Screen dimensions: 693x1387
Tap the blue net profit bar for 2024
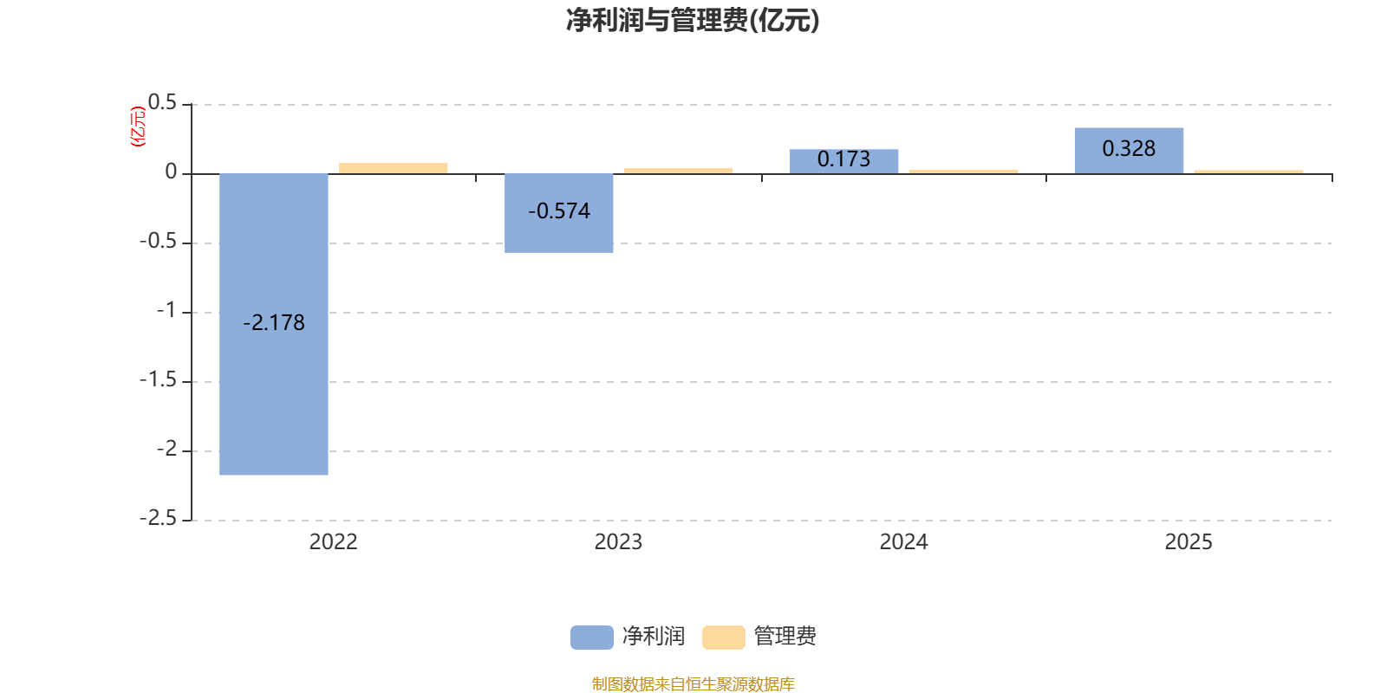tap(843, 161)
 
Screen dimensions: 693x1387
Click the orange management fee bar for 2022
tap(394, 168)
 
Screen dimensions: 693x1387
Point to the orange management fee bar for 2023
tap(678, 171)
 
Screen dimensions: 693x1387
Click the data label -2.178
tap(274, 323)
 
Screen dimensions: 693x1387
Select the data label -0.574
tap(559, 211)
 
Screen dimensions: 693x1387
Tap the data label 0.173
tap(843, 159)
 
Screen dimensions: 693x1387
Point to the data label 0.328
tap(1129, 149)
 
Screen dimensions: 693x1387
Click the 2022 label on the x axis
tap(333, 542)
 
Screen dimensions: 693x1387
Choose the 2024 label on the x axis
tap(903, 542)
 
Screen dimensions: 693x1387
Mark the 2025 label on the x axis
tap(1188, 542)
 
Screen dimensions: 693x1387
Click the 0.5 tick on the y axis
tap(162, 103)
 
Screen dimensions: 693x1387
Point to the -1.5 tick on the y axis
tap(158, 380)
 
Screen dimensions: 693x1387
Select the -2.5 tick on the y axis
tap(158, 519)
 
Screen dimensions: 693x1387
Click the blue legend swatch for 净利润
tap(591, 638)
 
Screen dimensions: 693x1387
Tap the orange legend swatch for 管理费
tap(723, 638)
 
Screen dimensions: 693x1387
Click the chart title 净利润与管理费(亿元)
tap(693, 20)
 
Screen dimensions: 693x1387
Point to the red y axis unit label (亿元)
tap(138, 127)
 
